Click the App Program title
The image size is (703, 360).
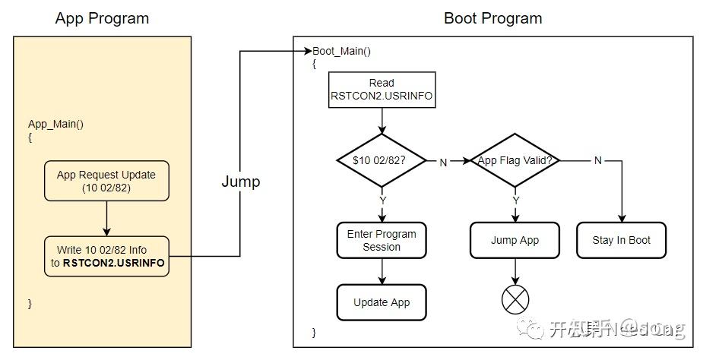[x=102, y=18]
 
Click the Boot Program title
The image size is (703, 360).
[x=493, y=18]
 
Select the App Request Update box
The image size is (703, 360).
[x=106, y=181]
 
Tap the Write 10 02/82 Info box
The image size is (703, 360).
[x=106, y=256]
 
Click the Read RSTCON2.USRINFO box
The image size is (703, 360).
[x=382, y=90]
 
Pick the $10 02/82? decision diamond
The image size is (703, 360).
[x=382, y=161]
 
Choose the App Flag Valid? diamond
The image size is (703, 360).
[x=515, y=161]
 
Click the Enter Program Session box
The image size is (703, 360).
[x=382, y=240]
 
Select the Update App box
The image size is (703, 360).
[x=382, y=302]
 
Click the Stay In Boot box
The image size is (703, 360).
[x=621, y=240]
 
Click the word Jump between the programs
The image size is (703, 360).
[x=240, y=182]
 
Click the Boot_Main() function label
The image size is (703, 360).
[x=343, y=51]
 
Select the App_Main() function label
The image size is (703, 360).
[x=55, y=125]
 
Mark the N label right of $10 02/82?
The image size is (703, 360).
[x=442, y=161]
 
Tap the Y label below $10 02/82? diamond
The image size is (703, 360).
[x=382, y=201]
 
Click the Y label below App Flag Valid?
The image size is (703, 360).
[x=515, y=201]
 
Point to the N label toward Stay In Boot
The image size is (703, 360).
[x=597, y=161]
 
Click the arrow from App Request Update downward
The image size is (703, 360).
[x=106, y=219]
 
